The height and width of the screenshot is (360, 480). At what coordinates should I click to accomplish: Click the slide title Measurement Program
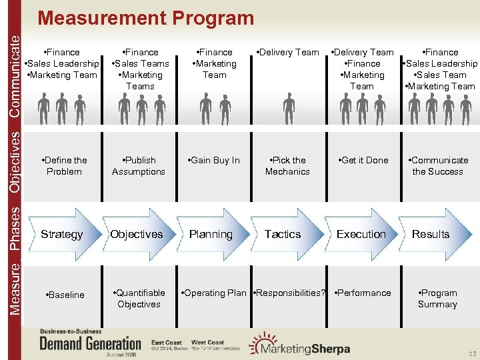pos(145,17)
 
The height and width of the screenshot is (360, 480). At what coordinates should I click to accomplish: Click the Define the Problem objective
pos(64,166)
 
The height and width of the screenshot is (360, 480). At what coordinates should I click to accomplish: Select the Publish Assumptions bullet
pos(138,166)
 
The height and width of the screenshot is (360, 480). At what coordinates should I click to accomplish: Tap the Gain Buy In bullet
pos(214,160)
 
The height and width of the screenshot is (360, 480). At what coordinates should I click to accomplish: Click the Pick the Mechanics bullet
pos(287,166)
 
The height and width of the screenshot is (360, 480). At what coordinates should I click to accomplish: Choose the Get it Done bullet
pos(364,160)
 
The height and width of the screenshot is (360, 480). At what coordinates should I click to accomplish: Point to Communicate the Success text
pos(437,166)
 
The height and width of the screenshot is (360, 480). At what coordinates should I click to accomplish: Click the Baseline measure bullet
pos(65,295)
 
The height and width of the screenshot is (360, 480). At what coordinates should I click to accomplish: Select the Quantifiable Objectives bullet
pos(139,298)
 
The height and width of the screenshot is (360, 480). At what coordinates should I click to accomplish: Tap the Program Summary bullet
pos(437,298)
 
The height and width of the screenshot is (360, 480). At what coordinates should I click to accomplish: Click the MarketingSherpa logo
pos(296,345)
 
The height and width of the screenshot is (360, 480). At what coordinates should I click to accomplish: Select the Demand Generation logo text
pos(91,344)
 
